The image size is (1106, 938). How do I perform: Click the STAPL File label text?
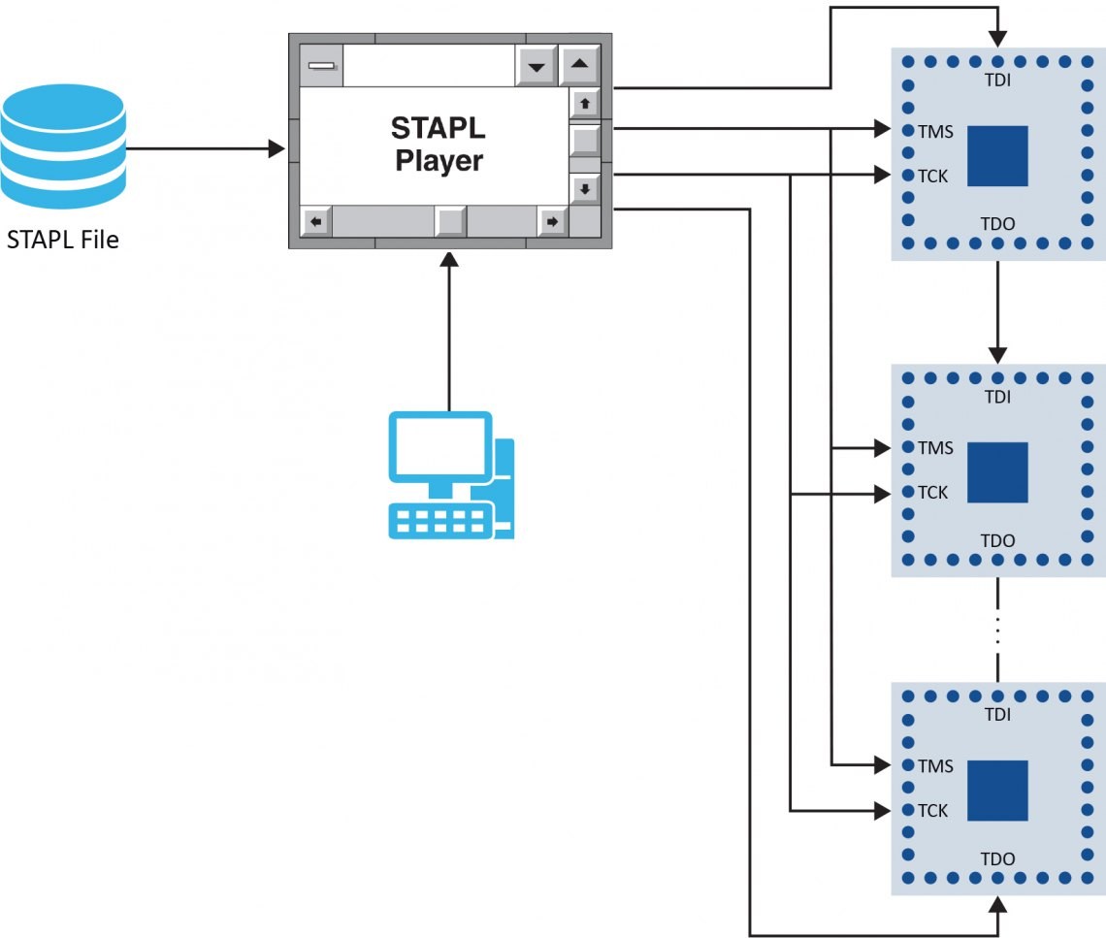click(x=62, y=240)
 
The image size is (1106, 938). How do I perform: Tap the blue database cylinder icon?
click(x=63, y=141)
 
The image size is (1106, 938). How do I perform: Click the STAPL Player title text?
click(x=439, y=144)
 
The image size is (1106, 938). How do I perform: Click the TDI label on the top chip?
click(x=997, y=81)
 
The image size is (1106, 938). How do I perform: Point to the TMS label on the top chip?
click(x=935, y=131)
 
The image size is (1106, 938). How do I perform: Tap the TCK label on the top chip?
click(x=932, y=176)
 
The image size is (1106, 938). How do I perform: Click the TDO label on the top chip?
click(x=997, y=224)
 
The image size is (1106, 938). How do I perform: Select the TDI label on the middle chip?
click(x=997, y=397)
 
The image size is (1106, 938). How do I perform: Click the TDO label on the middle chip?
click(x=997, y=540)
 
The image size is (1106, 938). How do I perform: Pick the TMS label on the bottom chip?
click(x=935, y=766)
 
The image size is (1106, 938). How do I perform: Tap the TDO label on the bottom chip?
click(x=997, y=858)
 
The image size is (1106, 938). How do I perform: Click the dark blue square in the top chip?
click(x=997, y=155)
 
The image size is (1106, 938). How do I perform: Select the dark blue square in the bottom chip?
click(x=997, y=790)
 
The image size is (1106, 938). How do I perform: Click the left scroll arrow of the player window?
click(x=315, y=221)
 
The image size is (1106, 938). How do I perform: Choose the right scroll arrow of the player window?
click(x=551, y=221)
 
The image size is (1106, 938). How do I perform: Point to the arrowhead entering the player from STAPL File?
click(x=277, y=149)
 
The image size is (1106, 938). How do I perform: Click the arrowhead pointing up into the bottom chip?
click(x=997, y=905)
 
